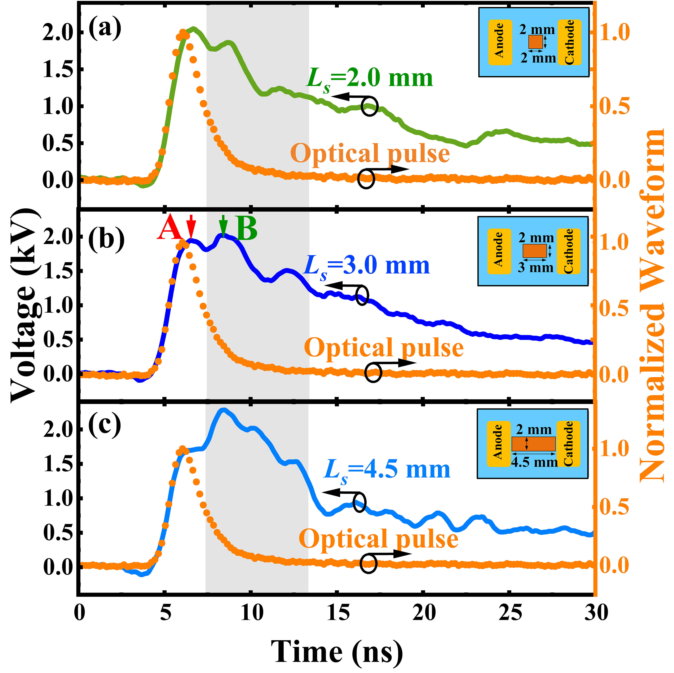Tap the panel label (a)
(105, 28)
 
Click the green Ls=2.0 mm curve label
(369, 78)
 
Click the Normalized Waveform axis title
(652, 305)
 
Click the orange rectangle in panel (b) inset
(534, 251)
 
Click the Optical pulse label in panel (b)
(384, 348)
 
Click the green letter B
(246, 229)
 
